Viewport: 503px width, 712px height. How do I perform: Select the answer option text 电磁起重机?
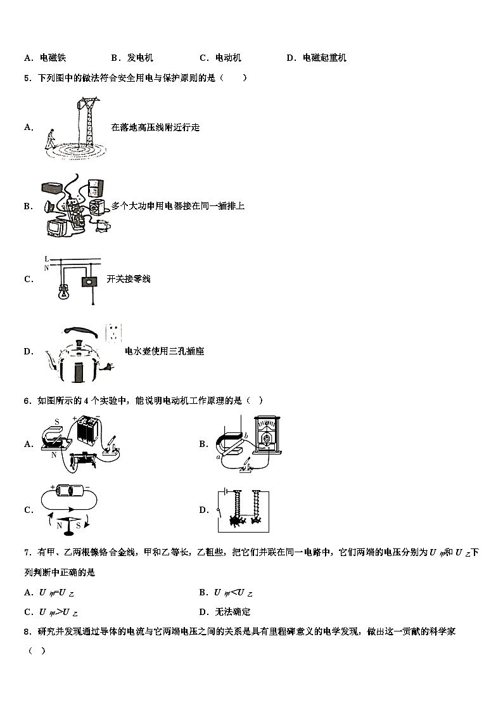324,58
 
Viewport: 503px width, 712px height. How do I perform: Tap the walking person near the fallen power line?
49,139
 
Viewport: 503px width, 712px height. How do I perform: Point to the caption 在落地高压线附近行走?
155,127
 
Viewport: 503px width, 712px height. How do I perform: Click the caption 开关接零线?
129,279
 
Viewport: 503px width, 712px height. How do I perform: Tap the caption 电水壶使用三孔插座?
164,351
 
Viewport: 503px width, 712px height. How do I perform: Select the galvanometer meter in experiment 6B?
266,437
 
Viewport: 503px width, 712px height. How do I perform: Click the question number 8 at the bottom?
26,631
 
